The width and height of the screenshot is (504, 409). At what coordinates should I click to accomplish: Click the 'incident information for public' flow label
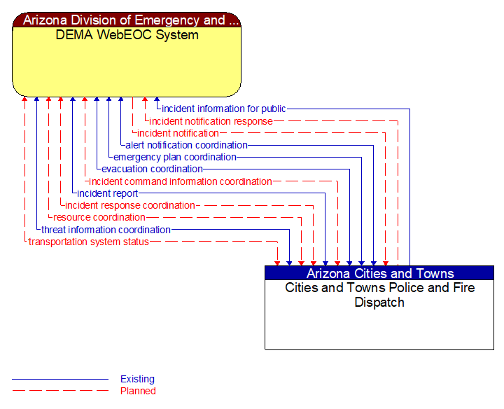pyautogui.click(x=223, y=109)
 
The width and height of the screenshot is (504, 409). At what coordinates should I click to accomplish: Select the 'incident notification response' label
pyautogui.click(x=211, y=121)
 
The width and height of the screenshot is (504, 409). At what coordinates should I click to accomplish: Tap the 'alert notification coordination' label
pyautogui.click(x=186, y=145)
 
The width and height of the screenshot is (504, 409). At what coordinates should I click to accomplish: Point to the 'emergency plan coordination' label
pyautogui.click(x=174, y=157)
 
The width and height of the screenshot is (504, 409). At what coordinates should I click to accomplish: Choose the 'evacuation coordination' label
pyautogui.click(x=152, y=169)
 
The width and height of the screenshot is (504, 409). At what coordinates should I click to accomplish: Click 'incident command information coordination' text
pyautogui.click(x=180, y=181)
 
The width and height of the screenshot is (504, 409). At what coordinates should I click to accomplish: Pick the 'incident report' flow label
pyautogui.click(x=107, y=193)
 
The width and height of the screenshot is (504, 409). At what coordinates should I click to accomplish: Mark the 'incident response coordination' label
pyautogui.click(x=129, y=205)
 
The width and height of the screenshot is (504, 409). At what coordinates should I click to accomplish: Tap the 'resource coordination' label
pyautogui.click(x=99, y=217)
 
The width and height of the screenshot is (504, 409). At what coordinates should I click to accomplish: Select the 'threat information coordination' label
pyautogui.click(x=106, y=230)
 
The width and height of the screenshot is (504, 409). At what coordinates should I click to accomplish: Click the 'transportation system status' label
pyautogui.click(x=88, y=242)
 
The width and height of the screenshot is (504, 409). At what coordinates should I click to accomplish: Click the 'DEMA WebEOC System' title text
pyautogui.click(x=127, y=35)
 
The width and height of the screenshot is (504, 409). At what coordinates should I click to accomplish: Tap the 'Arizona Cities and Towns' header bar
pyautogui.click(x=379, y=273)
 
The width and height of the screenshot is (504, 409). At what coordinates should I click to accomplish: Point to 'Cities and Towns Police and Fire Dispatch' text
pyautogui.click(x=379, y=295)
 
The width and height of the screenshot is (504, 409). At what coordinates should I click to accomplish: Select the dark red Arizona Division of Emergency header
pyautogui.click(x=127, y=20)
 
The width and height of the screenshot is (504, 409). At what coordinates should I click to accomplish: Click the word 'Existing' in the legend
pyautogui.click(x=137, y=379)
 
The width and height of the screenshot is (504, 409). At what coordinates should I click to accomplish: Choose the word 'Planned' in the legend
pyautogui.click(x=138, y=391)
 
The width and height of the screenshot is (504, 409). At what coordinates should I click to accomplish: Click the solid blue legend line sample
pyautogui.click(x=60, y=380)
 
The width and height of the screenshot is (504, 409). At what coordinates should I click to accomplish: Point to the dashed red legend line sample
pyautogui.click(x=60, y=391)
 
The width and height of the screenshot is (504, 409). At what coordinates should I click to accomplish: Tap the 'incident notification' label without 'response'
pyautogui.click(x=178, y=133)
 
